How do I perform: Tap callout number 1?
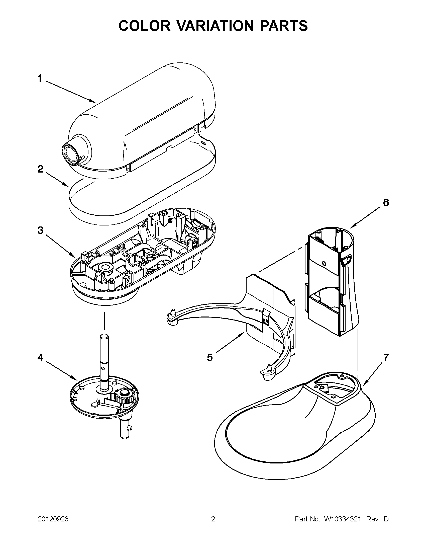pos(40,78)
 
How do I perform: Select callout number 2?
pos(40,169)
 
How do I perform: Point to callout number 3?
pos(40,230)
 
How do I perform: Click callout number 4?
pos(40,358)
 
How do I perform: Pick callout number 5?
pos(209,357)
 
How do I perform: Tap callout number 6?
pos(386,202)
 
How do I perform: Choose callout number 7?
pos(386,357)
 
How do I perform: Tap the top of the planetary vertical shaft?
pos(104,336)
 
